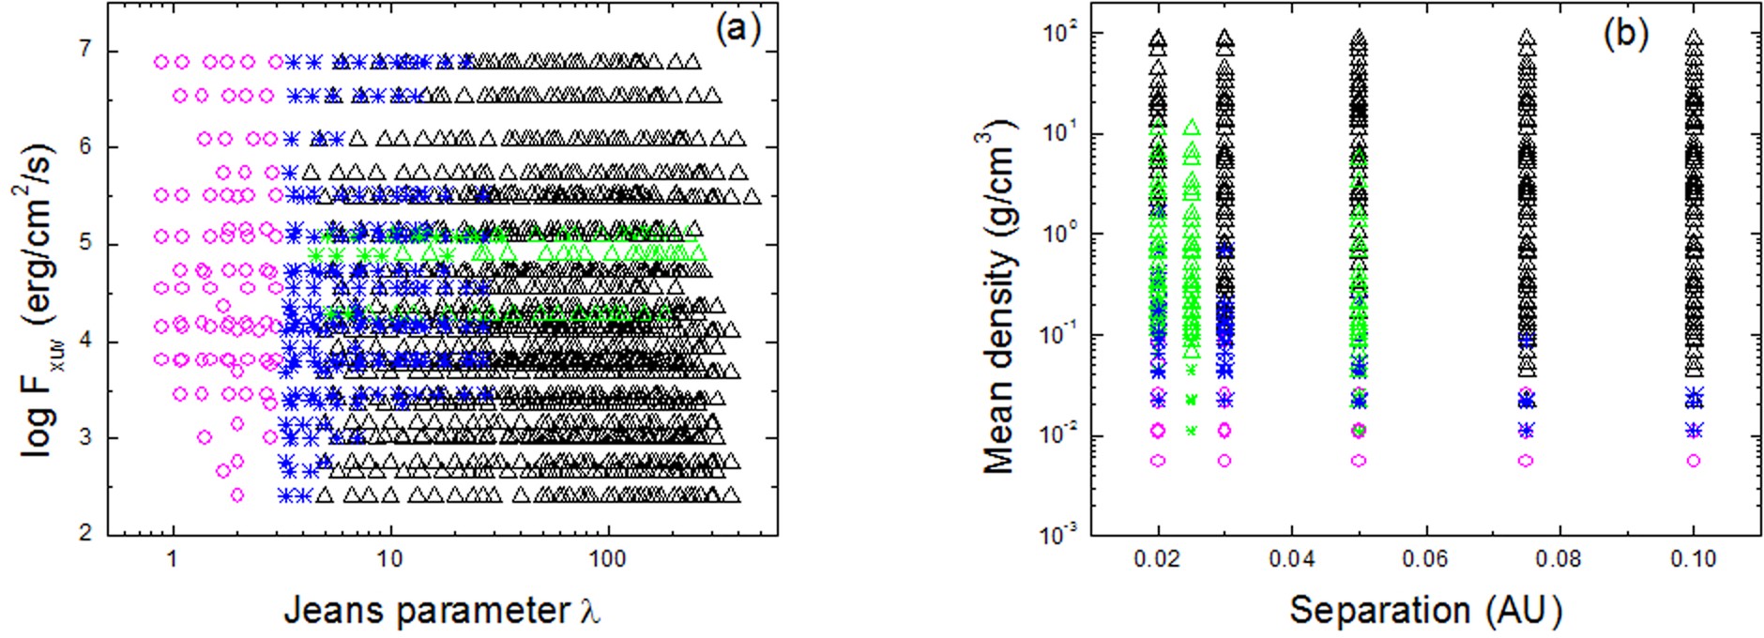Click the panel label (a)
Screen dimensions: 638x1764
[x=737, y=31]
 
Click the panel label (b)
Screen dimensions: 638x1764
[x=1626, y=34]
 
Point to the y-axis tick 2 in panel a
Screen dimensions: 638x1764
[x=85, y=534]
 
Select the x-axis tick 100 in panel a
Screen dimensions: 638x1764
[x=607, y=560]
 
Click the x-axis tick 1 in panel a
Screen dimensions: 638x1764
[x=172, y=560]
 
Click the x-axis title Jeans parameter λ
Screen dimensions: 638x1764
[x=442, y=611]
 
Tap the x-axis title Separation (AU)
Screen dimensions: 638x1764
[x=1425, y=611]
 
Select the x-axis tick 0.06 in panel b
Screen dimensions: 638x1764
[x=1425, y=560]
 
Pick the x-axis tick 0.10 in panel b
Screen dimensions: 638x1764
[x=1693, y=560]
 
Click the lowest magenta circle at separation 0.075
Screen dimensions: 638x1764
[x=1526, y=461]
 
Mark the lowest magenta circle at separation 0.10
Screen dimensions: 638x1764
[x=1694, y=461]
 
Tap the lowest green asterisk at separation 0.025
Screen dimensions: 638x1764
[x=1192, y=431]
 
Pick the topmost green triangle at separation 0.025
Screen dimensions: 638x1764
[x=1192, y=127]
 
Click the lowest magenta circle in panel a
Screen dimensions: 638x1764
[x=237, y=494]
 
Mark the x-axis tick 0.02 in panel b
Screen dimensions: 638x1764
[x=1159, y=560]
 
